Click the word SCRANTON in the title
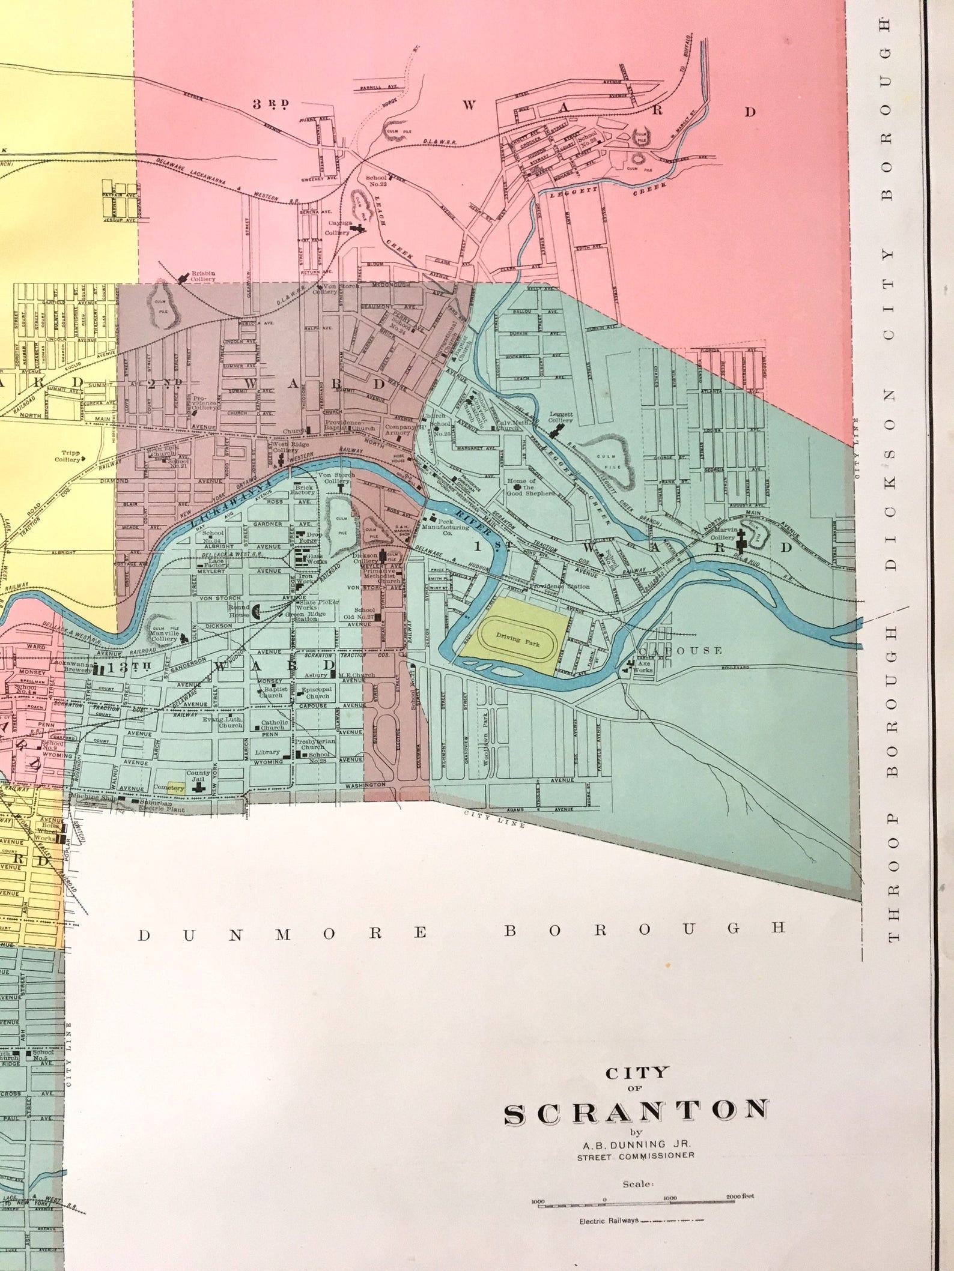tap(636, 1112)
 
